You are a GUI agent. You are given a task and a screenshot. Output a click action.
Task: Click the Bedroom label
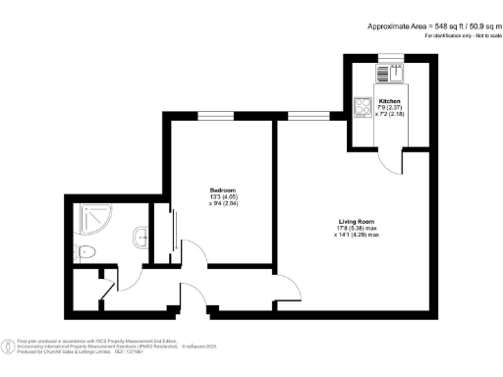pyautogui.click(x=223, y=188)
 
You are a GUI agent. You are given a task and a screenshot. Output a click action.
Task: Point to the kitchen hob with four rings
pyautogui.click(x=361, y=105)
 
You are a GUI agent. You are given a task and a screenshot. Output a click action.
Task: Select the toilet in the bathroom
pyautogui.click(x=86, y=253)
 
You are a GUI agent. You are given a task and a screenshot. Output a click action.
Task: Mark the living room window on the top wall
pyautogui.click(x=302, y=116)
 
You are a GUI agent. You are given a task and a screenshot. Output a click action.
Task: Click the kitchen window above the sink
pyautogui.click(x=390, y=59)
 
